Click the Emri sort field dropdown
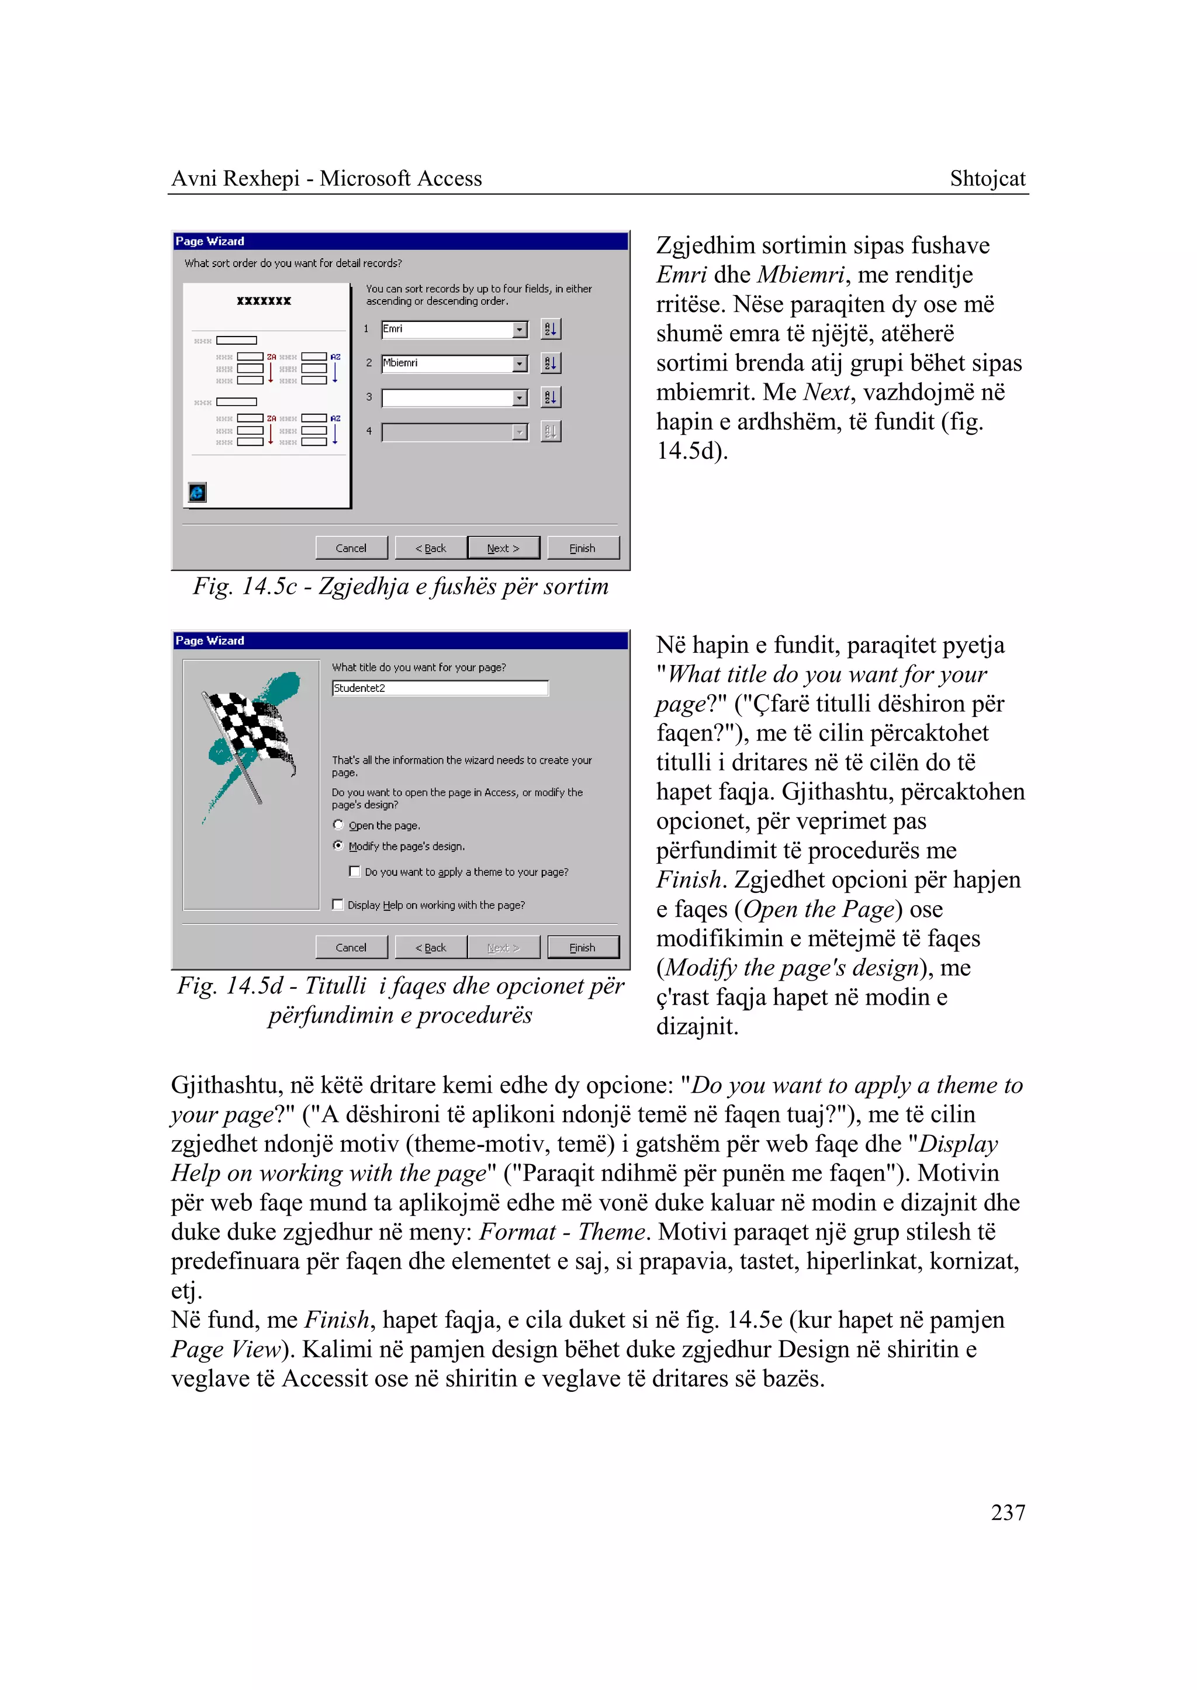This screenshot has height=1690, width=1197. tap(454, 330)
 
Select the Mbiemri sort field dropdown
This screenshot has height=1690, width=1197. tap(454, 363)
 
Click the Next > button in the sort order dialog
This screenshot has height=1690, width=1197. tap(503, 548)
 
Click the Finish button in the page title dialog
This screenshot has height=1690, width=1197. tap(582, 948)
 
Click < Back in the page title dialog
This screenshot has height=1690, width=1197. tap(430, 948)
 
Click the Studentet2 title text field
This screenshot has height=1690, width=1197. tap(440, 688)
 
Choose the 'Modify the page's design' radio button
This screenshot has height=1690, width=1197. tap(338, 846)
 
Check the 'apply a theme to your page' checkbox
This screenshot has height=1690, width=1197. tap(355, 872)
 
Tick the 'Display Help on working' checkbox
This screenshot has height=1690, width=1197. tap(338, 905)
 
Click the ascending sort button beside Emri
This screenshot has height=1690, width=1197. tap(551, 330)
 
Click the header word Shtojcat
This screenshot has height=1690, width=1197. tap(987, 179)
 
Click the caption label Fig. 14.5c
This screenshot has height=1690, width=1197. tap(245, 587)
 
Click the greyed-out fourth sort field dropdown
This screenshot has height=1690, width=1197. tap(454, 432)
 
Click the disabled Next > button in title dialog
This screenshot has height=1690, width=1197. tap(503, 948)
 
